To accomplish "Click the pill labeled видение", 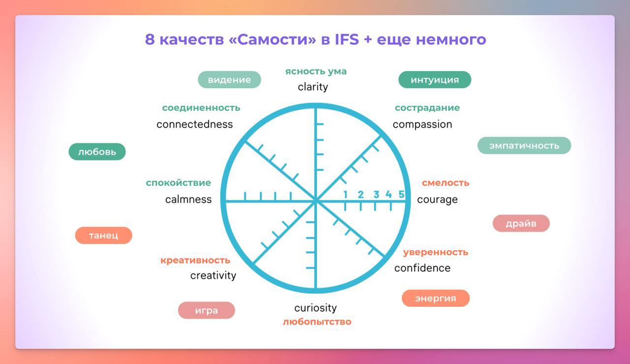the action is [229, 80].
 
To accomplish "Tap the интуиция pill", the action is [435, 80].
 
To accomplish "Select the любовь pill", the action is [97, 152].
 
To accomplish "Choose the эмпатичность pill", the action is [524, 145].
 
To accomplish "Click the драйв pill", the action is [521, 224].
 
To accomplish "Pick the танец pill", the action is [103, 235].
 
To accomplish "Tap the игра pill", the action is [206, 310].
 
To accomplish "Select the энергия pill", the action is [436, 298].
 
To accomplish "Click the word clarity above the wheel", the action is [313, 87].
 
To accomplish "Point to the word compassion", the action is [422, 125].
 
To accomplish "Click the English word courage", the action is [437, 200].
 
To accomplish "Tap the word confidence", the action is [422, 268].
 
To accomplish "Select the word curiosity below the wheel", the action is [315, 308].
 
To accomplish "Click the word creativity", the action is [213, 275].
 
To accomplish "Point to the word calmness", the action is [188, 199].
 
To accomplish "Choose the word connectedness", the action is [194, 124].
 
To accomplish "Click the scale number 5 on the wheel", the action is [401, 194].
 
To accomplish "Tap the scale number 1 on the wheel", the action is [346, 195].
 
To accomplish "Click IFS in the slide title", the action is [347, 39].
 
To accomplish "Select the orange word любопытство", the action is [317, 322].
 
